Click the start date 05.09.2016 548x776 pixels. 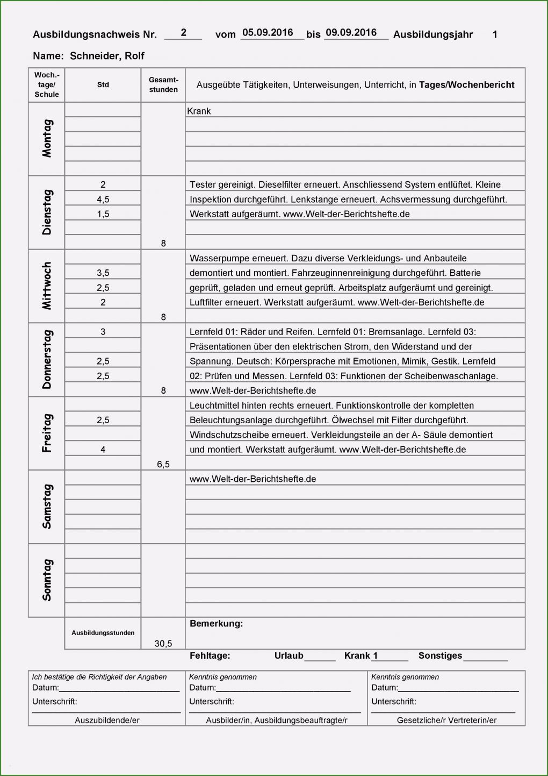(x=268, y=33)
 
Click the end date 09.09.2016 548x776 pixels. (x=351, y=33)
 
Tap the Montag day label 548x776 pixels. (x=47, y=138)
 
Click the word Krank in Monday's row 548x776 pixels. (x=199, y=111)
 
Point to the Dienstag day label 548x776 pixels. (x=47, y=212)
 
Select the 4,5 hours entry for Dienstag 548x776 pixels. (x=103, y=200)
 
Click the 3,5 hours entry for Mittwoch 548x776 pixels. (x=103, y=273)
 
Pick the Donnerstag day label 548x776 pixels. (x=47, y=359)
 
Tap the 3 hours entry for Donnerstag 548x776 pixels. (x=103, y=332)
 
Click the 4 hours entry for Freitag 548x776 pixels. (x=103, y=450)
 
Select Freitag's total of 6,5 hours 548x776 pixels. (x=163, y=464)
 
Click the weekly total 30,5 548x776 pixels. (x=163, y=644)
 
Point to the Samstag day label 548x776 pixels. (x=47, y=507)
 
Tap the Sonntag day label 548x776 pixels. (x=47, y=580)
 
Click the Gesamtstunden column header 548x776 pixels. (x=163, y=85)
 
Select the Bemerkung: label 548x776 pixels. (x=216, y=624)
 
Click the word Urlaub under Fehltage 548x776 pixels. (x=289, y=656)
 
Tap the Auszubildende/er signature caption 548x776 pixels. (x=107, y=720)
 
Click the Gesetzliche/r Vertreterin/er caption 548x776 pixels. (x=446, y=720)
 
